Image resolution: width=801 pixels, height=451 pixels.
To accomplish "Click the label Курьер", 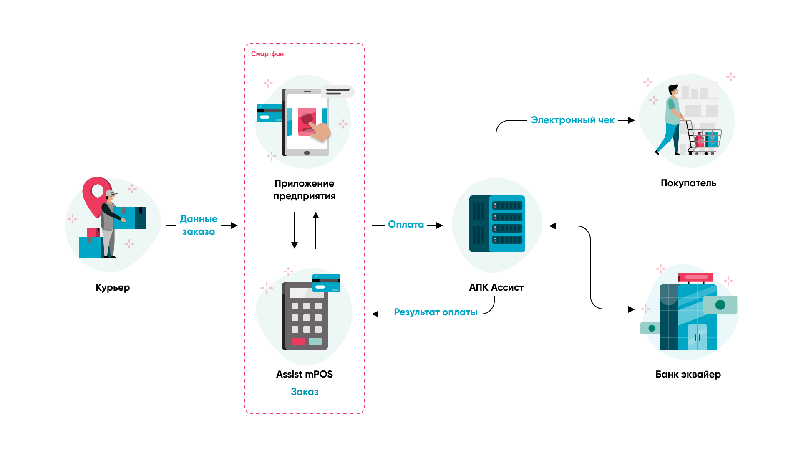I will pyautogui.click(x=113, y=287).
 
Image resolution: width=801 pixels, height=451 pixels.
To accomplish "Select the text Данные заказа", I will pyautogui.click(x=199, y=225).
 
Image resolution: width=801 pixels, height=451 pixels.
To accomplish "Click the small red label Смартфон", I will pyautogui.click(x=267, y=54).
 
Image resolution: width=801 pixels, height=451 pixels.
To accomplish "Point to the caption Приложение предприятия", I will pyautogui.click(x=305, y=190).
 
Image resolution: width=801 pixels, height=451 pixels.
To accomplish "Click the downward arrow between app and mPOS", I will pyautogui.click(x=295, y=230).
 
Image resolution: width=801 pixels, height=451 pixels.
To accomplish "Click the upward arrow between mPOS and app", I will pyautogui.click(x=316, y=230).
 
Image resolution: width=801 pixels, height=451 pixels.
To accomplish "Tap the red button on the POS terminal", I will pyautogui.click(x=298, y=341).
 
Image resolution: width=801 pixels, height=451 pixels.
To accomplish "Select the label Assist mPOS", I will pyautogui.click(x=305, y=374).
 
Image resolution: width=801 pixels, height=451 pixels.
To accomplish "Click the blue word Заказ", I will pyautogui.click(x=305, y=392).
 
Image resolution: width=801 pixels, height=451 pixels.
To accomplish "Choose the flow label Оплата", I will pyautogui.click(x=406, y=225).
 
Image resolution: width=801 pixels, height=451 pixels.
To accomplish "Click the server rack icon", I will pyautogui.click(x=497, y=224).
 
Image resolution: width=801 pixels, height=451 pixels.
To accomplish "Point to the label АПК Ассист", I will pyautogui.click(x=496, y=287).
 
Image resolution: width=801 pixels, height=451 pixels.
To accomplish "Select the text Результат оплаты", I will pyautogui.click(x=436, y=312).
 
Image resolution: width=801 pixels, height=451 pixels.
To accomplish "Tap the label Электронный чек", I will pyautogui.click(x=572, y=120).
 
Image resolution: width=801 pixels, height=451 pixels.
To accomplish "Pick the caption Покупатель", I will pyautogui.click(x=688, y=183).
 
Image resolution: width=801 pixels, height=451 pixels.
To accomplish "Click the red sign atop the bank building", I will pyautogui.click(x=695, y=277).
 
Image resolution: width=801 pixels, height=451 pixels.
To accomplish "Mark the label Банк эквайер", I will pyautogui.click(x=688, y=374).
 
